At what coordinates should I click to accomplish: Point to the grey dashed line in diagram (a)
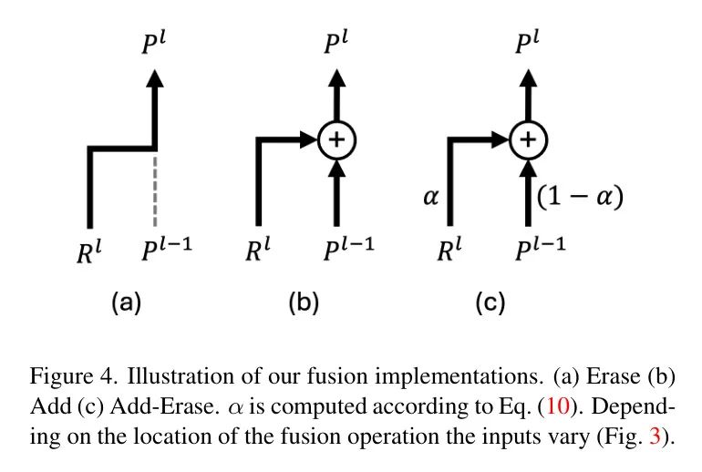tap(158, 186)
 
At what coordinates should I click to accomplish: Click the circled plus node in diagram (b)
tap(336, 139)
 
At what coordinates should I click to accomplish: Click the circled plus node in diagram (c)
tap(526, 139)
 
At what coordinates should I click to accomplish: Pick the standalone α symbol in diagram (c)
tap(431, 196)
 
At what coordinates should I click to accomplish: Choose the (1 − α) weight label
tap(581, 196)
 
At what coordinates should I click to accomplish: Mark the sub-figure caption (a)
tap(126, 302)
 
